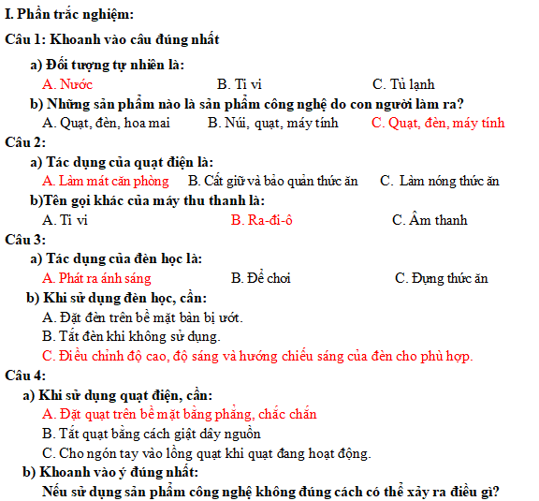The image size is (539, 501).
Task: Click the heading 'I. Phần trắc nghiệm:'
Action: [70, 14]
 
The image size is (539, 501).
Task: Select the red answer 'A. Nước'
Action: [67, 84]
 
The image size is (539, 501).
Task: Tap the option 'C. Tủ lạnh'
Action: [403, 84]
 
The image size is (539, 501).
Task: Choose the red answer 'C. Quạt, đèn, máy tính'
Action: [437, 123]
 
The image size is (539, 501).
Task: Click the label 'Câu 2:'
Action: [25, 142]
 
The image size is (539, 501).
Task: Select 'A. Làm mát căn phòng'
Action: [106, 181]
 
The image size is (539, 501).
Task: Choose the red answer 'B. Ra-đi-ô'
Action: [262, 220]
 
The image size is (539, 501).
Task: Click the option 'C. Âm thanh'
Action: [430, 220]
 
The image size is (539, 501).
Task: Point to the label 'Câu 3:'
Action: [25, 240]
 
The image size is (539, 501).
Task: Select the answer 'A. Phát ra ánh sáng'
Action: [96, 278]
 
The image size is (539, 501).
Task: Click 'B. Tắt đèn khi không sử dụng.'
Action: [132, 336]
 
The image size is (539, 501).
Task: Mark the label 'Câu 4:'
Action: [25, 376]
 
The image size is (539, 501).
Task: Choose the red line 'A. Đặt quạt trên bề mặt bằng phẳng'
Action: [180, 414]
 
